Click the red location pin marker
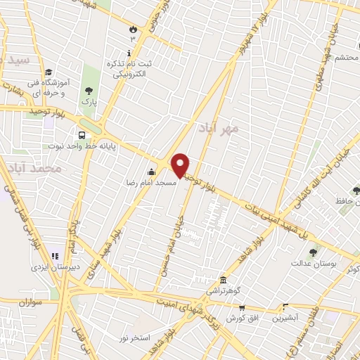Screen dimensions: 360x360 tap(181, 165)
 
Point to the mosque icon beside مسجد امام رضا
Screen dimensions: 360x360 tap(151, 172)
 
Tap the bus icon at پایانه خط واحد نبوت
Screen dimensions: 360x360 tap(82, 135)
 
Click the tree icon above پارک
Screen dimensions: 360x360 tap(88, 91)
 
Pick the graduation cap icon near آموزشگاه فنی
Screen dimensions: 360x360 tap(49, 72)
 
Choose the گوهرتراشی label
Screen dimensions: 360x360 tap(223, 290)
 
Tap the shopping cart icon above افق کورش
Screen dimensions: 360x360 tap(242, 308)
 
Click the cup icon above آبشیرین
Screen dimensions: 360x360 tap(285, 307)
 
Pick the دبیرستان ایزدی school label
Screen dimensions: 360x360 tap(49, 267)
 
